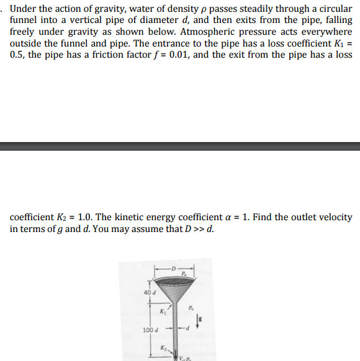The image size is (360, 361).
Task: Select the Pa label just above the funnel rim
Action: pos(184,274)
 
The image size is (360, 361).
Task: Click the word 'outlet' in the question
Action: pos(299,218)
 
